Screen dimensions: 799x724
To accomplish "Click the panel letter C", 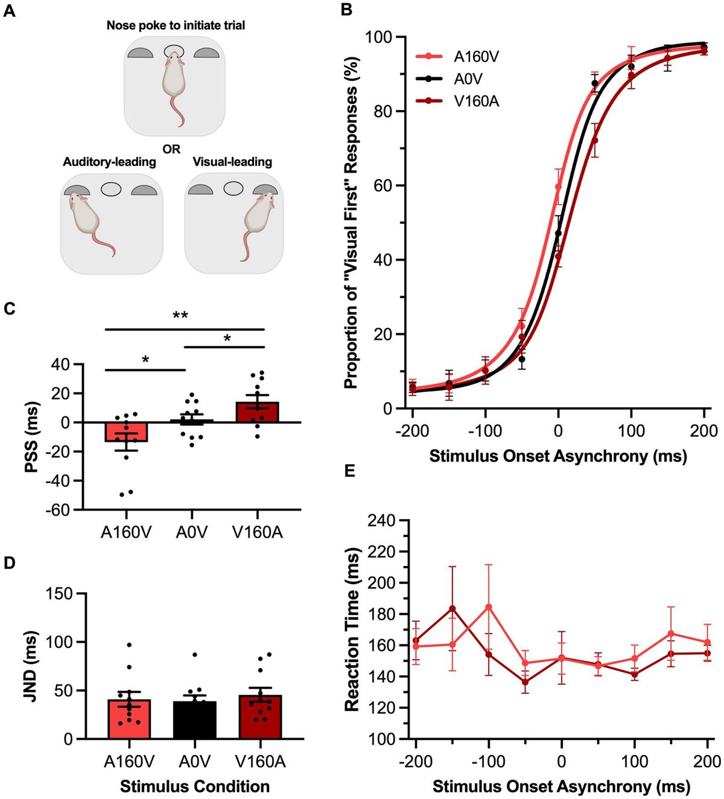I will [9, 308].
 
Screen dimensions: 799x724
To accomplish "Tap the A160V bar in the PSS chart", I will [126, 432].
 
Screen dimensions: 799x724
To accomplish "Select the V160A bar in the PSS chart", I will [258, 411].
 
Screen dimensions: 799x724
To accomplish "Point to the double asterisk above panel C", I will [180, 316].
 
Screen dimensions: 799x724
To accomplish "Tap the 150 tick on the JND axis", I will [63, 594].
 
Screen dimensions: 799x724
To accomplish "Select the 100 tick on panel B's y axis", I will [379, 37].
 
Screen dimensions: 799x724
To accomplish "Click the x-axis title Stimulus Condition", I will [194, 786].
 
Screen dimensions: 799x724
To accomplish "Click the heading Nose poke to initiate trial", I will [176, 25].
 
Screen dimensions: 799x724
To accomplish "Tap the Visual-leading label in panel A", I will [232, 162].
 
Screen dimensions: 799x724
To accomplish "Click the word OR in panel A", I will [171, 148].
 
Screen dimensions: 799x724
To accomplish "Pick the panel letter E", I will [349, 471].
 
